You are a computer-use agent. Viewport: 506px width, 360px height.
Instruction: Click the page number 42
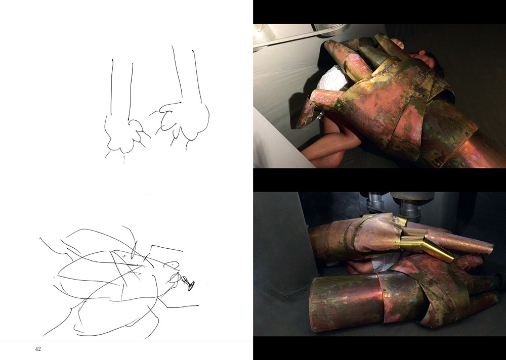(x=38, y=349)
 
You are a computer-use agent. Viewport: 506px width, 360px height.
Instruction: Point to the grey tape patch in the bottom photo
(x=383, y=262)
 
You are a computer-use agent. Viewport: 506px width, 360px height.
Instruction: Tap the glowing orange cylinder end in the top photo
(x=478, y=151)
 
